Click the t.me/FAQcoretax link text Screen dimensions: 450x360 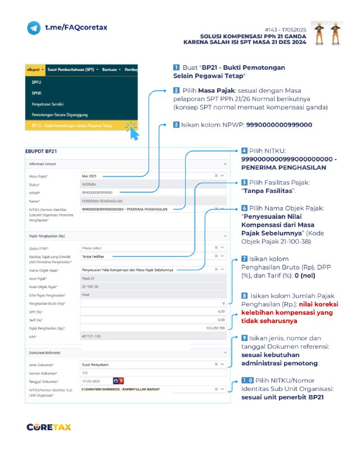(76, 27)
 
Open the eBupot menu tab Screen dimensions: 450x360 (35, 70)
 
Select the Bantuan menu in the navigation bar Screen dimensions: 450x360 (111, 70)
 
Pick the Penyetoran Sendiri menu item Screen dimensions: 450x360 (48, 104)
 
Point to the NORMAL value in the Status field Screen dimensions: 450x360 (89, 184)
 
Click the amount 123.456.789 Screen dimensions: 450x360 (215, 328)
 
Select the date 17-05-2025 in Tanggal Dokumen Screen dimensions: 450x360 (96, 380)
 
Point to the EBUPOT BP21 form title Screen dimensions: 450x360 (41, 151)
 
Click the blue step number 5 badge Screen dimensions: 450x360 (244, 182)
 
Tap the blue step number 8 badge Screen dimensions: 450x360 (244, 295)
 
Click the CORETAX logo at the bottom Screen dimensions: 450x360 (49, 427)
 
